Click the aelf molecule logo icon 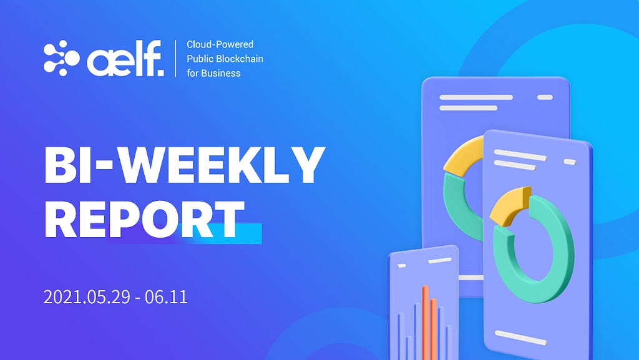click(61, 58)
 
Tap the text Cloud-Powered click(220, 44)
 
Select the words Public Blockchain click(225, 59)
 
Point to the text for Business click(213, 73)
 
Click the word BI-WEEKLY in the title click(184, 165)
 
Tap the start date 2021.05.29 click(87, 297)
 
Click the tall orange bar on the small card click(426, 323)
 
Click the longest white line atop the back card click(476, 97)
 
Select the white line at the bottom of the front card click(520, 338)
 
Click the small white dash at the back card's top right click(545, 97)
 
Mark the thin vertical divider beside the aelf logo click(175, 58)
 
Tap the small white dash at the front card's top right click(570, 162)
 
